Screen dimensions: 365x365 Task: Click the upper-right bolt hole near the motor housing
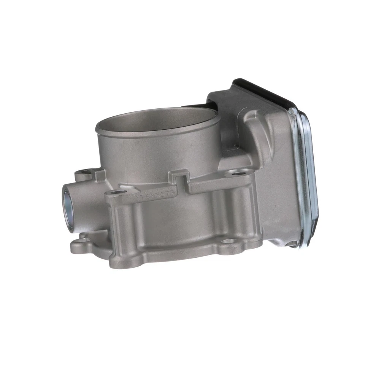pos(238,174)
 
